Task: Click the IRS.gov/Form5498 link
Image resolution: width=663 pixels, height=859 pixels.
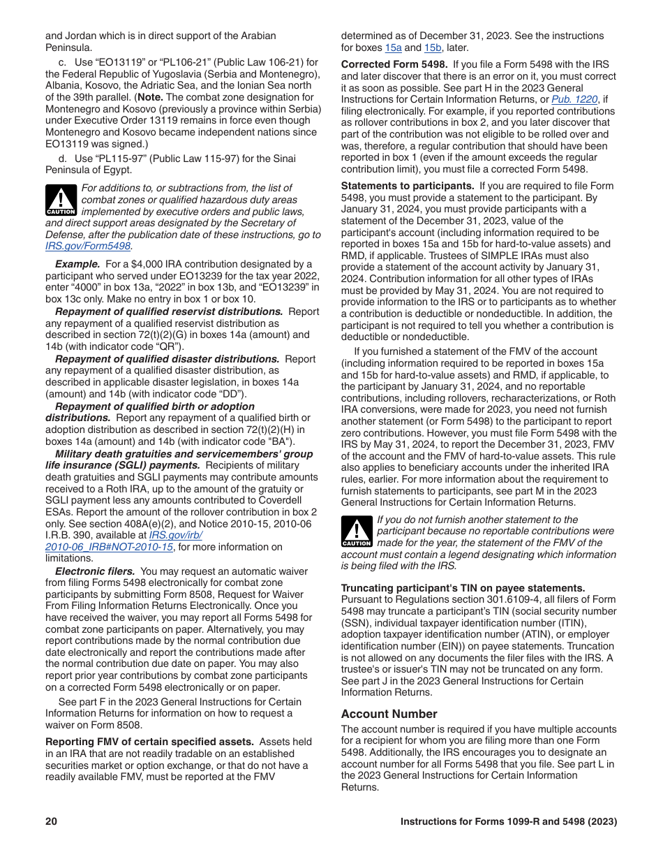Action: [x=89, y=247]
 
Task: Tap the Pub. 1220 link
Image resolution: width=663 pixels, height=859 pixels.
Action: [x=574, y=100]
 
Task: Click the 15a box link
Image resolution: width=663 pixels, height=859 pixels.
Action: [x=393, y=48]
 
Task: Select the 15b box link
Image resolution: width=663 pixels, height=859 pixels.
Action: [x=433, y=48]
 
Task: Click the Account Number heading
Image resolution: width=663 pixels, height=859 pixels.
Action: [x=389, y=714]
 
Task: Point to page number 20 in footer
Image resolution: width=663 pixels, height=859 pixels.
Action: [x=51, y=822]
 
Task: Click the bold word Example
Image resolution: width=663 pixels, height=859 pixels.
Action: [x=77, y=264]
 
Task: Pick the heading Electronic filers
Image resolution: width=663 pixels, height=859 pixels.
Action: [x=95, y=571]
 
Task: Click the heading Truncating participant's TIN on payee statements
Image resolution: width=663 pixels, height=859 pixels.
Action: [x=463, y=588]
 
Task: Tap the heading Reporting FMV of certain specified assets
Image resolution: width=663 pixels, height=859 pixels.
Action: [x=149, y=742]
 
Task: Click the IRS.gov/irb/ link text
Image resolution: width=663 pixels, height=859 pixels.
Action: [x=176, y=535]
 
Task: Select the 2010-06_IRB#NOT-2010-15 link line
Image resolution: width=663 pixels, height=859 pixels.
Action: [x=109, y=547]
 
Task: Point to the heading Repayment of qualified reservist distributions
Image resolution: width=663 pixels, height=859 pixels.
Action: [x=169, y=311]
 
